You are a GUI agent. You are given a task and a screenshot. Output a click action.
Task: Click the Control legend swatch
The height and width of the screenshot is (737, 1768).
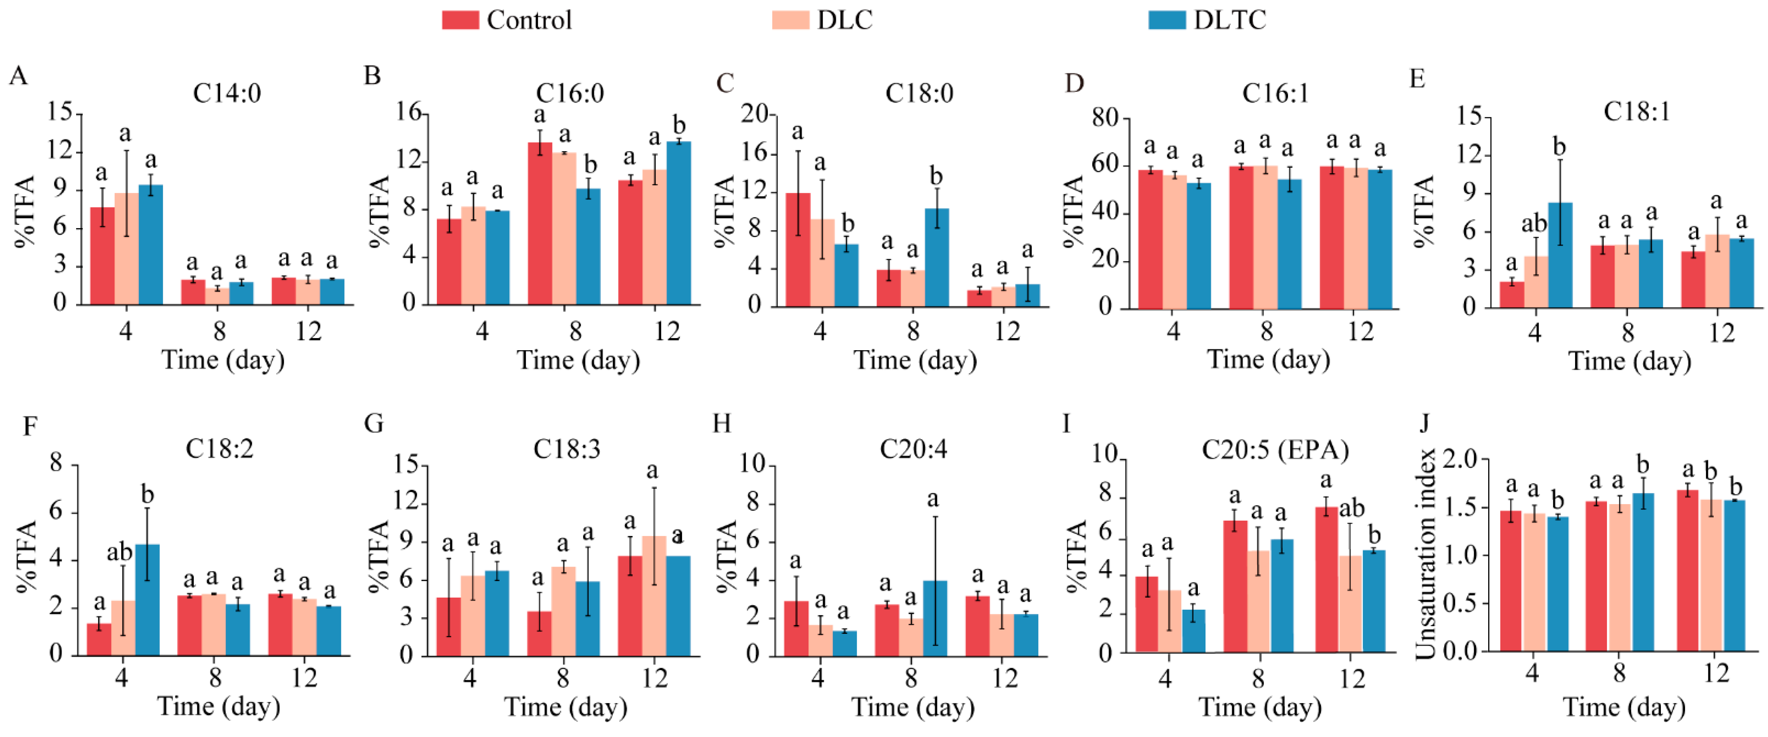point(460,20)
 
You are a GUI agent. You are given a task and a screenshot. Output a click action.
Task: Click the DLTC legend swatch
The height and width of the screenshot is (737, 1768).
point(1167,20)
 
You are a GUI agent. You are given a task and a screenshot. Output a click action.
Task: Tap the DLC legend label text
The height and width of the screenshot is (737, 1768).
point(844,20)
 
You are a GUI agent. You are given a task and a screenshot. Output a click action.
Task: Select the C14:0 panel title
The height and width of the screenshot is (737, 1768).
point(227,93)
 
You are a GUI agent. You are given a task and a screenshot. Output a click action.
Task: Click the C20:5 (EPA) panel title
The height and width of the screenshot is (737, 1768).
point(1275,450)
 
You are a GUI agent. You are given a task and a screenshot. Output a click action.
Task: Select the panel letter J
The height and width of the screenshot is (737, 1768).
point(1424,424)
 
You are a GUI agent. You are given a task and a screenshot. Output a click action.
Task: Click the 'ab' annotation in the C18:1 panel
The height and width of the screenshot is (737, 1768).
point(1534,224)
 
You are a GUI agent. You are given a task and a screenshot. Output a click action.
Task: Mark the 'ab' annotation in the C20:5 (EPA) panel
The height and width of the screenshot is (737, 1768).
point(1351,508)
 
